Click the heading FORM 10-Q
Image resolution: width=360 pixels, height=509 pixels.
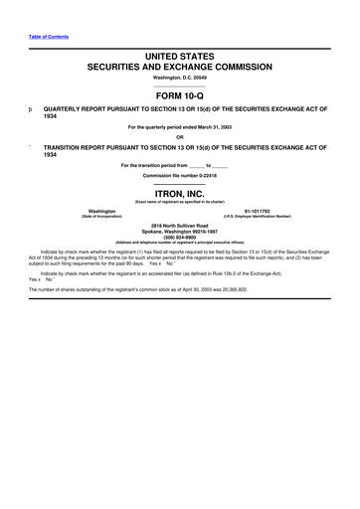179,95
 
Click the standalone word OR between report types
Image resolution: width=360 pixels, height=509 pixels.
179,136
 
